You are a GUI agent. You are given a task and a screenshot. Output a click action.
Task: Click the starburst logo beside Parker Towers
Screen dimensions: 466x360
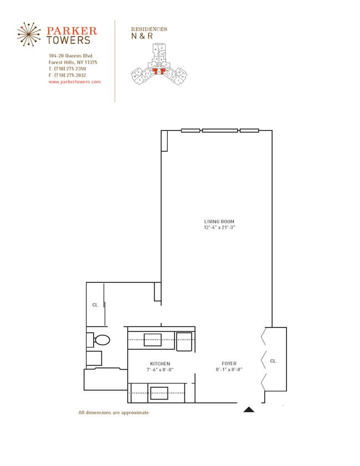pos(29,34)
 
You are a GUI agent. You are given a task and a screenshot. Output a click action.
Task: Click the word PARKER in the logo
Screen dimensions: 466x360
pos(71,31)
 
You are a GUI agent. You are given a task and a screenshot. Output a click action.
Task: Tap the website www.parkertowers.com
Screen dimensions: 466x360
pos(75,81)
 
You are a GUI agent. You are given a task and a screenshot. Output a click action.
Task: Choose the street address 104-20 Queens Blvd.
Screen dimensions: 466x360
pos(71,56)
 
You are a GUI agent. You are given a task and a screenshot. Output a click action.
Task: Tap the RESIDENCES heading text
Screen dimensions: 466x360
pos(148,29)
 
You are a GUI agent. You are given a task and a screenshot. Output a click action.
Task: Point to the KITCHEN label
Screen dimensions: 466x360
pos(160,363)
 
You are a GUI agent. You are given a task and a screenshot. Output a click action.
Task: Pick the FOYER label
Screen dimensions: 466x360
pos(229,363)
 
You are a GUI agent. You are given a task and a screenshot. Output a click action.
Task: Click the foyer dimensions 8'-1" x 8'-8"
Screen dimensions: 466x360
pos(229,370)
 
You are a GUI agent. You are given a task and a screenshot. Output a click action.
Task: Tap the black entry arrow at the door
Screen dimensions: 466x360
pos(249,410)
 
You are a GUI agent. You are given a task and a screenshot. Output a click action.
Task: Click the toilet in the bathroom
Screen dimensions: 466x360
pos(101,339)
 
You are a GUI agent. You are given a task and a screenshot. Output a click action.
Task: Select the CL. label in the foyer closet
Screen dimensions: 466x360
pos(273,361)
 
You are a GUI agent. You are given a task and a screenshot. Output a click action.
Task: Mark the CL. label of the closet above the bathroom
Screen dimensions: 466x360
pos(95,305)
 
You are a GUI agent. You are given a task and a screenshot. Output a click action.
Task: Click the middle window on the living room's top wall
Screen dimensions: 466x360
pos(219,131)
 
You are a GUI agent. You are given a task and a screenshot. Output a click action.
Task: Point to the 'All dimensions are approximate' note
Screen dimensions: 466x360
pos(114,413)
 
